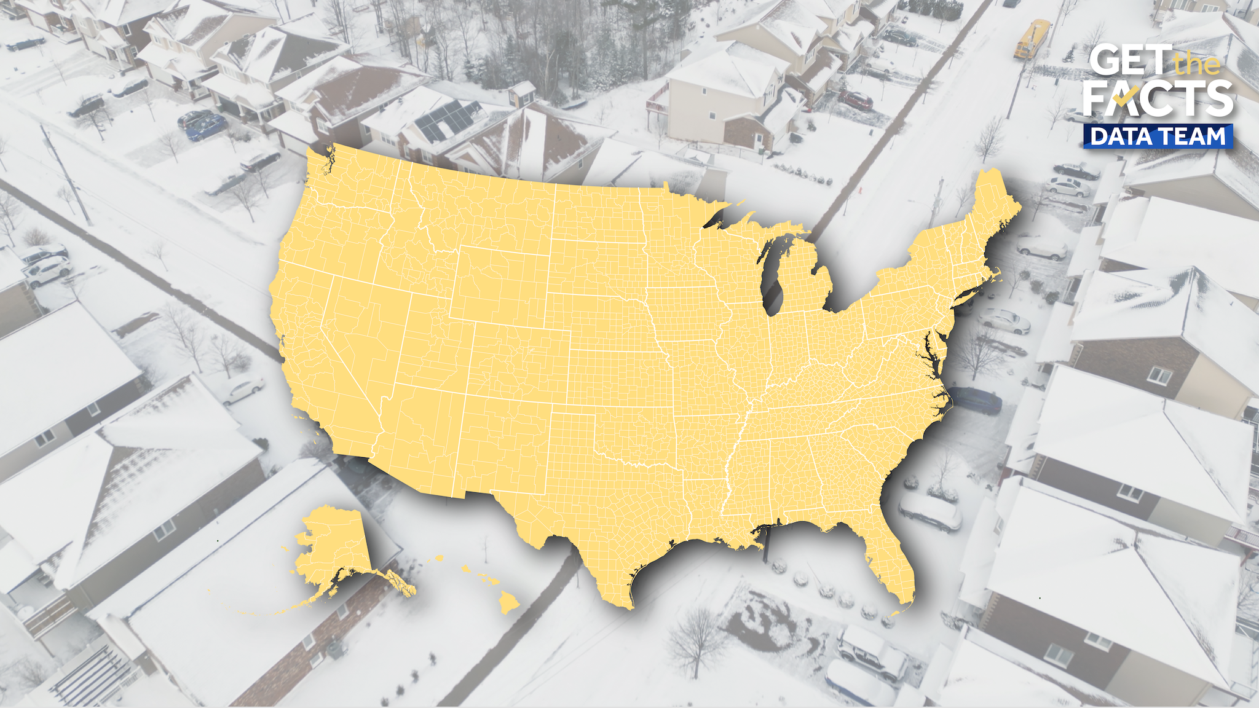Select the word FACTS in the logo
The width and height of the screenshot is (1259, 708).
(x=1158, y=100)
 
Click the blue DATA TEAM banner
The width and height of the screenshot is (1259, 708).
(x=1158, y=136)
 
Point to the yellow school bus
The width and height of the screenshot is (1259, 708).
(x=1032, y=39)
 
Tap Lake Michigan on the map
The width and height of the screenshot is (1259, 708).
(x=773, y=277)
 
